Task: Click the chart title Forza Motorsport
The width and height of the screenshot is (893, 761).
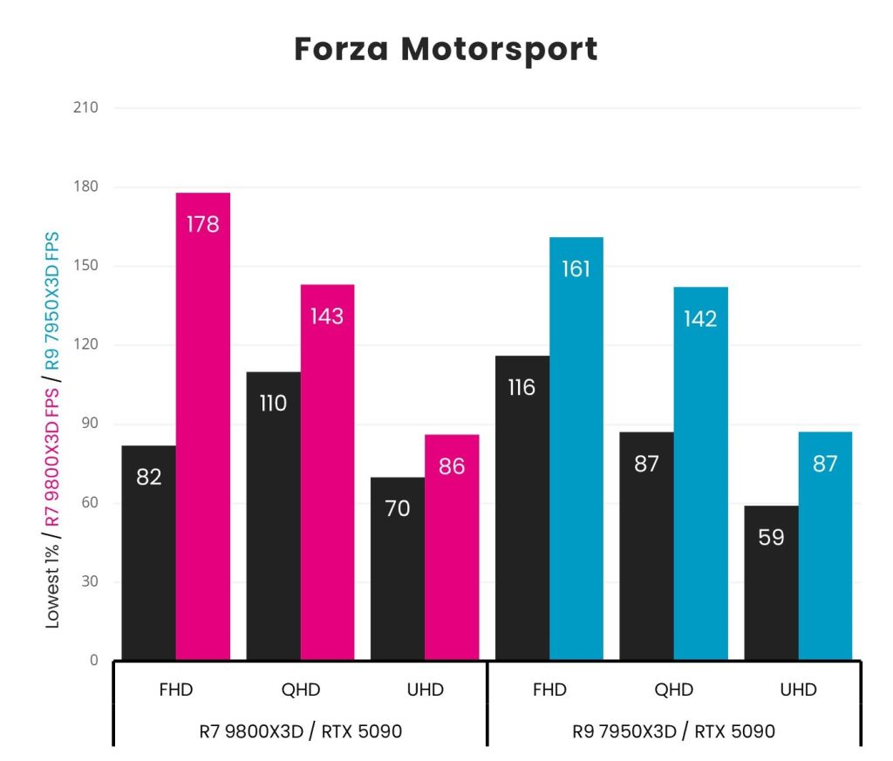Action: tap(446, 49)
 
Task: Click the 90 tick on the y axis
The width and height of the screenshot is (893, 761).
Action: tap(89, 425)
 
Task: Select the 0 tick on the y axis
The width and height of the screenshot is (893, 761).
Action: tap(92, 661)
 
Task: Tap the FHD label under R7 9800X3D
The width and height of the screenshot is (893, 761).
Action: tap(176, 690)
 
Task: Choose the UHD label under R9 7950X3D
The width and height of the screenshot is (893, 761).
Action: tap(798, 690)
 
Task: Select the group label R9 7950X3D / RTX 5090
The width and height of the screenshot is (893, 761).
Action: tap(674, 731)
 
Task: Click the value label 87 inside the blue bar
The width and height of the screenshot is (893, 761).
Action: tap(825, 464)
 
